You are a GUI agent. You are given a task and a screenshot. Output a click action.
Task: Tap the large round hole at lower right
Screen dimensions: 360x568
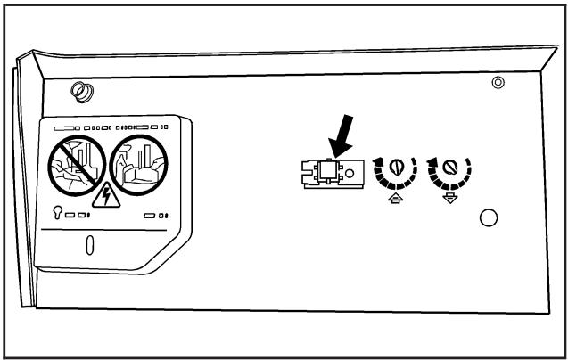(x=488, y=217)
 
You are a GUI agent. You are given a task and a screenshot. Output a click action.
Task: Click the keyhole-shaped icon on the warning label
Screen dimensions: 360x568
(x=58, y=214)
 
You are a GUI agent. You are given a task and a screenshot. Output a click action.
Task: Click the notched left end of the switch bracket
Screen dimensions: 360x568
(x=309, y=172)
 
